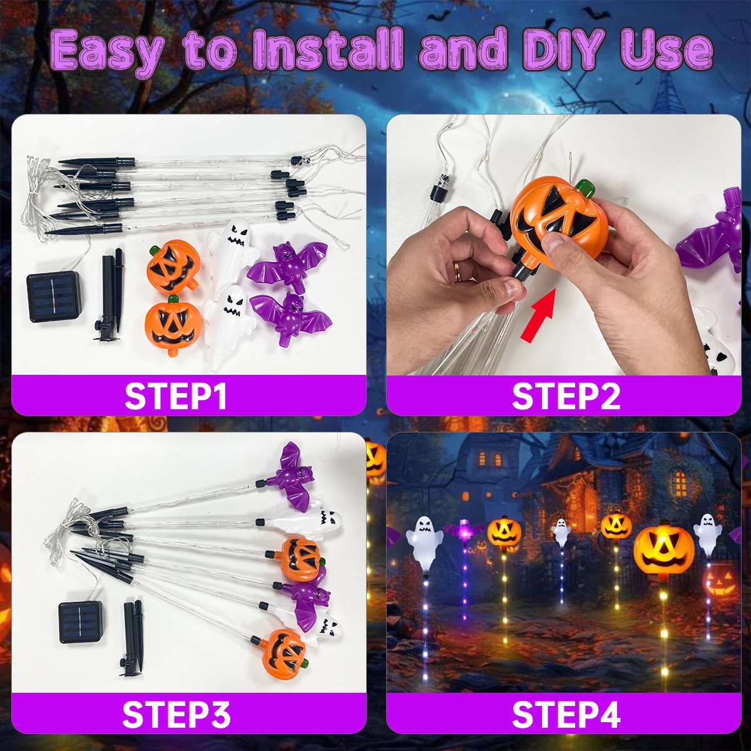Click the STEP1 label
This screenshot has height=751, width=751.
pyautogui.click(x=176, y=396)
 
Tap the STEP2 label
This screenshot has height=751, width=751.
pyautogui.click(x=566, y=396)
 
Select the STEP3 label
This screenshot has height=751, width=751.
pyautogui.click(x=176, y=714)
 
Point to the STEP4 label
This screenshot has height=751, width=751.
pyautogui.click(x=566, y=714)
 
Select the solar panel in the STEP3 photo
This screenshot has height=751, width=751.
pyautogui.click(x=81, y=622)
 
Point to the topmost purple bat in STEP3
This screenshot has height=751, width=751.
pyautogui.click(x=294, y=476)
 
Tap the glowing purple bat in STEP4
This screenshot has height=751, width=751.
pyautogui.click(x=464, y=529)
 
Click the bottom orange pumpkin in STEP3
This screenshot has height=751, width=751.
pyautogui.click(x=284, y=652)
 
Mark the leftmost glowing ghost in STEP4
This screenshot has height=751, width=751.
pyautogui.click(x=424, y=544)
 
